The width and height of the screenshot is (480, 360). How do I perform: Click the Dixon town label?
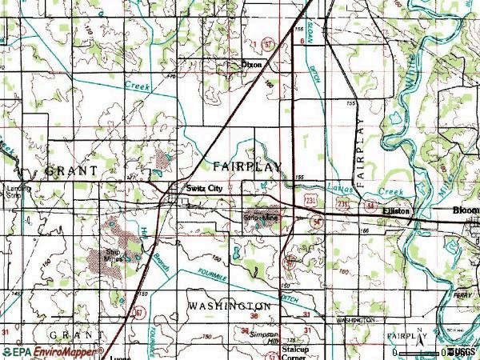[252, 65]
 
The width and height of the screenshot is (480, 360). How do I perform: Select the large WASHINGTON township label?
[230, 306]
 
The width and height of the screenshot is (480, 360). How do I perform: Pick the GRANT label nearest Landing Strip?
[71, 170]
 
